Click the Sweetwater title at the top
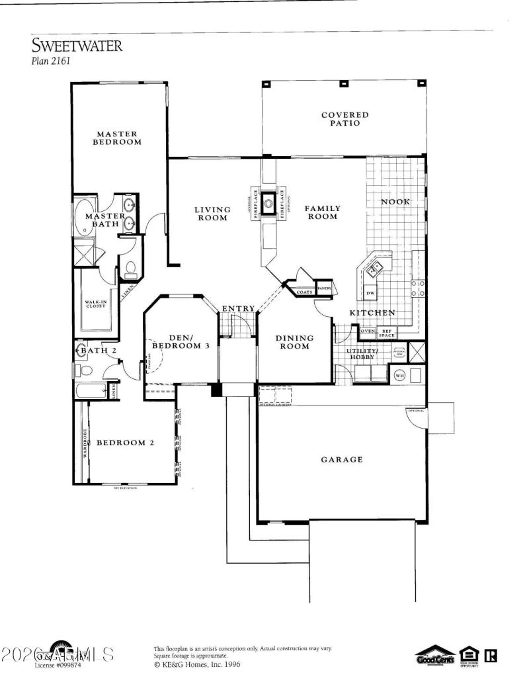coord(77,46)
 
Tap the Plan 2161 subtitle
coord(51,62)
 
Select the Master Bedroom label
coord(116,138)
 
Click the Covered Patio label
coord(345,118)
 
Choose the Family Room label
coord(321,212)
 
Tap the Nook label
coord(395,201)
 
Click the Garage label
coord(341,460)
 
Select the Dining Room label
coord(294,342)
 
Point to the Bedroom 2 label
coord(126,443)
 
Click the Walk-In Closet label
coord(95,304)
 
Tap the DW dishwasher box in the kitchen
coord(370,293)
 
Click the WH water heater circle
coord(399,375)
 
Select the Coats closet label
coord(304,291)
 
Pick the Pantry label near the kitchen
coord(324,288)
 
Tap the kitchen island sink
coord(375,268)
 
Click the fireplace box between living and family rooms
coord(268,203)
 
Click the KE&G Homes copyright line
coord(192,664)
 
